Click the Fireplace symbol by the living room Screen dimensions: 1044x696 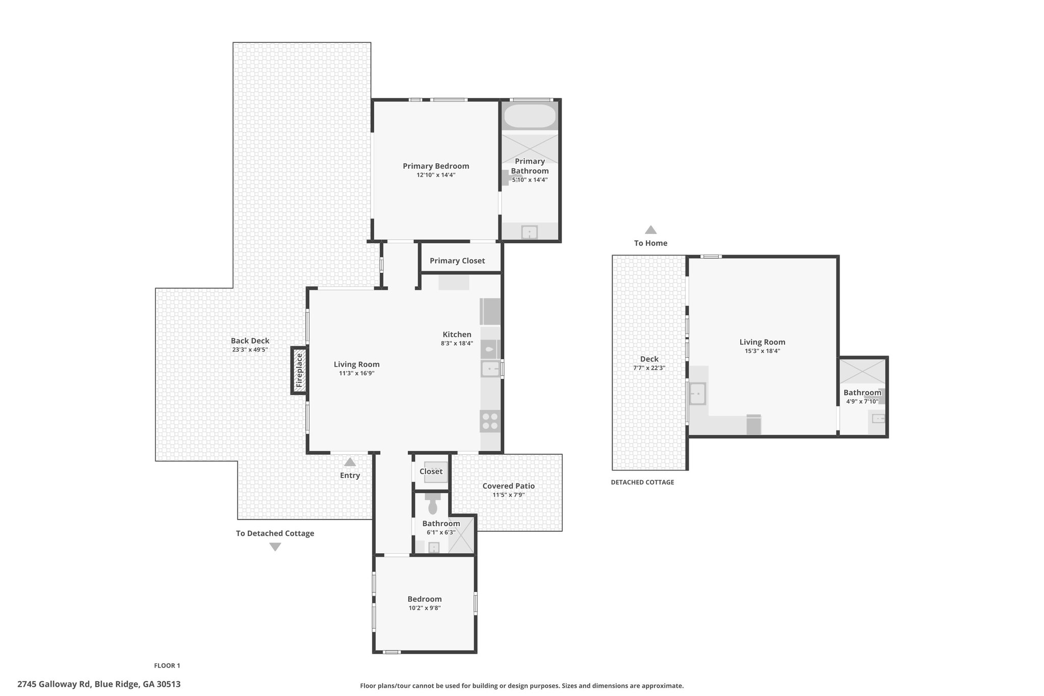pyautogui.click(x=299, y=370)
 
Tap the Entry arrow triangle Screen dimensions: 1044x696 pyautogui.click(x=350, y=462)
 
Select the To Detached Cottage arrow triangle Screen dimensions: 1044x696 pyautogui.click(x=275, y=547)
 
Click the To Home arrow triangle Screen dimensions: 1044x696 pyautogui.click(x=650, y=229)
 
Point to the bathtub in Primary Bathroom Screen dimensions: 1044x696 pyautogui.click(x=530, y=116)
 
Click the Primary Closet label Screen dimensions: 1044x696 pyautogui.click(x=457, y=261)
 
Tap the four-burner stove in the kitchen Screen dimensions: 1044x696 pyautogui.click(x=490, y=421)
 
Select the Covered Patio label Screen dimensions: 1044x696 pyautogui.click(x=509, y=486)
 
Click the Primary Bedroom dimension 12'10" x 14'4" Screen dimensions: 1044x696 pyautogui.click(x=436, y=175)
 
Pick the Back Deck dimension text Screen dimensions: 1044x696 pyautogui.click(x=250, y=350)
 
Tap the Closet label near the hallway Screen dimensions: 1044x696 pyautogui.click(x=431, y=471)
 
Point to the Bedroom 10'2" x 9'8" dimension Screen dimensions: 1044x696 pyautogui.click(x=425, y=608)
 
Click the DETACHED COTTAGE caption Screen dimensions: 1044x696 pyautogui.click(x=642, y=482)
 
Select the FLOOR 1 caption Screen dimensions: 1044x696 pyautogui.click(x=167, y=665)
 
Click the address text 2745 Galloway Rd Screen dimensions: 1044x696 pyautogui.click(x=54, y=684)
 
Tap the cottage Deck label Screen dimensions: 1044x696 pyautogui.click(x=649, y=359)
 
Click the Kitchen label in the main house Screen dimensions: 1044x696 pyautogui.click(x=457, y=334)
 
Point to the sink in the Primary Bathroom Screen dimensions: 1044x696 pyautogui.click(x=530, y=233)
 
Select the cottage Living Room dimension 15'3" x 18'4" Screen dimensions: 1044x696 pyautogui.click(x=763, y=351)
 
